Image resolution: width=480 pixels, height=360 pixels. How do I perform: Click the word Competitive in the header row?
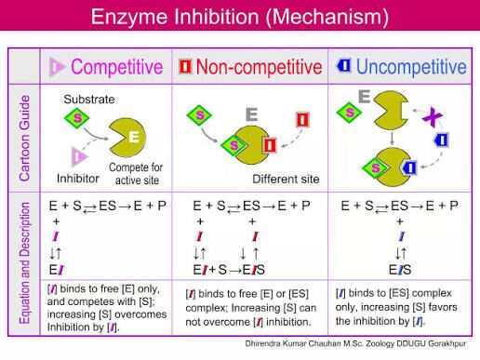coord(117,67)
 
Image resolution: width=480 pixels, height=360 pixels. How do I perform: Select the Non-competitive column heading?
coord(260,67)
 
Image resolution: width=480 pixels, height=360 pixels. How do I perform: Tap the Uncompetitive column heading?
coord(411,67)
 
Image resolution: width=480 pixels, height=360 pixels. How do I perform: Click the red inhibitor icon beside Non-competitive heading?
coord(185,66)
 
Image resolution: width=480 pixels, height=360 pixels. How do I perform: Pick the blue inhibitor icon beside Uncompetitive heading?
coord(344,65)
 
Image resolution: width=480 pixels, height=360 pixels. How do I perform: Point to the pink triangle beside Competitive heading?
coord(57,67)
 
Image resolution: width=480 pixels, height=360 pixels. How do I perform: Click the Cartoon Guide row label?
coord(24,138)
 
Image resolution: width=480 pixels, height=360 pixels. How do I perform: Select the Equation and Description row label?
coord(24,263)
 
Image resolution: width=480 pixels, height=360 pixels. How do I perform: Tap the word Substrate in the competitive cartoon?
coord(89,100)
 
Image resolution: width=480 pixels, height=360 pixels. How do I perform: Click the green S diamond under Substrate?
coord(77,118)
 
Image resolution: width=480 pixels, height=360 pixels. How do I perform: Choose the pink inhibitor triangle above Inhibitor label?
coord(79,156)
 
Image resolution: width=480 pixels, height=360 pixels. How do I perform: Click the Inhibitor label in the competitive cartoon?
coord(78,179)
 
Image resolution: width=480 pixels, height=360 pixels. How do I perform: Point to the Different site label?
coord(286,179)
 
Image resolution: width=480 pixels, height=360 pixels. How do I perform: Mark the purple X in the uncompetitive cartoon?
coord(433,116)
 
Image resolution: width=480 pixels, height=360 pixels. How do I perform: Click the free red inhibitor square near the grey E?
coord(302,120)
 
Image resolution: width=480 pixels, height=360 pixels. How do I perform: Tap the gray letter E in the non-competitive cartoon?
coord(251,114)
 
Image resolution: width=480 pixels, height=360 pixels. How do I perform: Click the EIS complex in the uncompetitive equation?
coord(400,270)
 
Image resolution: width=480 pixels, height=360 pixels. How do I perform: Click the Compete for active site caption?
coord(136,174)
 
